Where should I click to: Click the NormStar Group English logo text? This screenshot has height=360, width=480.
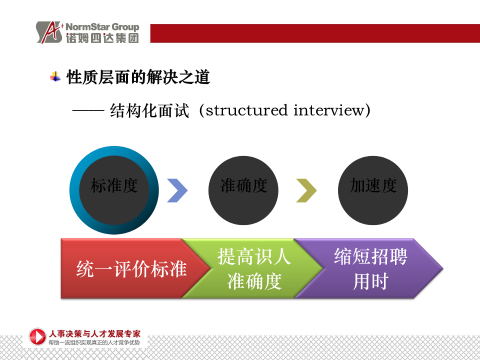pos(102,27)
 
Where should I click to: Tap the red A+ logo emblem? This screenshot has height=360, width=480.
pos(49,32)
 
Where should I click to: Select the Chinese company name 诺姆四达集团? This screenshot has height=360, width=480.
pos(102,38)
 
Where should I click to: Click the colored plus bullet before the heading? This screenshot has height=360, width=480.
pos(55,76)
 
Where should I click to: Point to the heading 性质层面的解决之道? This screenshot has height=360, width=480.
pos(138,77)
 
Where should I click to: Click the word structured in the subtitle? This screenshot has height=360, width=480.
pos(246,110)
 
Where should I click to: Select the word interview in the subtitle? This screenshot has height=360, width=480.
pos(329,110)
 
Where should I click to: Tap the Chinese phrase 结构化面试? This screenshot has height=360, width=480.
pos(149,110)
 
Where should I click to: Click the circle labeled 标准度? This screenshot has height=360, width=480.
pos(114,190)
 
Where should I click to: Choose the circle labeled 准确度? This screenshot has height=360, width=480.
pos(243,190)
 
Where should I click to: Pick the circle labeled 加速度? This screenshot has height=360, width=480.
pos(373,190)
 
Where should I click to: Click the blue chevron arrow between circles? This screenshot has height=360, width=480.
pos(177,190)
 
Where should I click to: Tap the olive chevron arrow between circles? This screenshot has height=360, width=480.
pos(306,190)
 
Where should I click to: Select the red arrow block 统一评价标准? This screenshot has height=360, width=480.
pos(131,268)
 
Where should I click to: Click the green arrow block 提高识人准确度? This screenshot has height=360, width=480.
pos(253,268)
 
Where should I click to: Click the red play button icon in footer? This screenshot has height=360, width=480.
pos(37,336)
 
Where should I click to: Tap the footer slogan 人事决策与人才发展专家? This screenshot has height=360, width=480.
pos(94,333)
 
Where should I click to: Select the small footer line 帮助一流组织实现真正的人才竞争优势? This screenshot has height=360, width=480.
pos(94,342)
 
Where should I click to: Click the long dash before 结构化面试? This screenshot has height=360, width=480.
pos(88,111)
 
